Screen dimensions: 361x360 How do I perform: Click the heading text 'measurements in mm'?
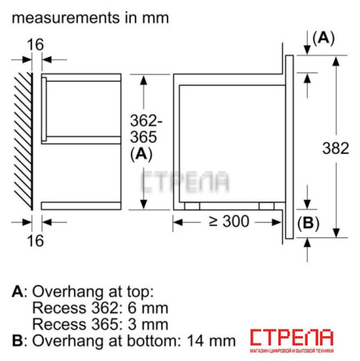[x=90, y=17]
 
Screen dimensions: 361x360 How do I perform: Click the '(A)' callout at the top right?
[x=323, y=38]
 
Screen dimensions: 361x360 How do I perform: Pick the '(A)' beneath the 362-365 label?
[x=142, y=155]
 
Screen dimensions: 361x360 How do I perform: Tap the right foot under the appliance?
[x=277, y=205]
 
